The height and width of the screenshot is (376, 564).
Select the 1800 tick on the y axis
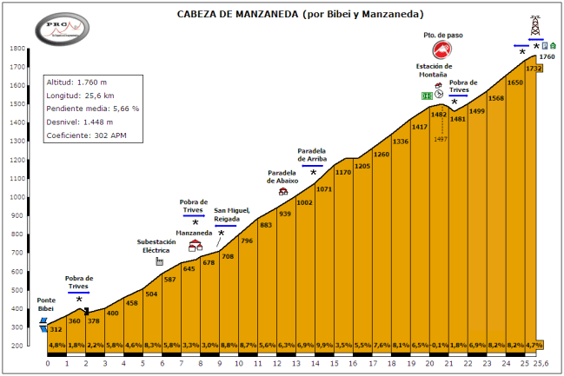pos(16,49)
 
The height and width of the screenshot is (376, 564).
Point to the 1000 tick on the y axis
pos(16,197)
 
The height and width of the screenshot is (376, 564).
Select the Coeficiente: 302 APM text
pos(88,136)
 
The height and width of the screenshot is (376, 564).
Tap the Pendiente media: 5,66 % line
pos(92,109)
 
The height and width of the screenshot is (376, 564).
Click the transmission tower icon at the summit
pos(534,23)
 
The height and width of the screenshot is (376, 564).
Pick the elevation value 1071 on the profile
pos(325,189)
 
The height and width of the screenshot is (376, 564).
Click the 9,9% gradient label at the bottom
pos(325,346)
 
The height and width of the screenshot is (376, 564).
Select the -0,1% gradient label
pos(440,346)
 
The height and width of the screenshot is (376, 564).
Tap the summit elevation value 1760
pos(547,57)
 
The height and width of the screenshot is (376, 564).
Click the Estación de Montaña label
pos(435,69)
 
